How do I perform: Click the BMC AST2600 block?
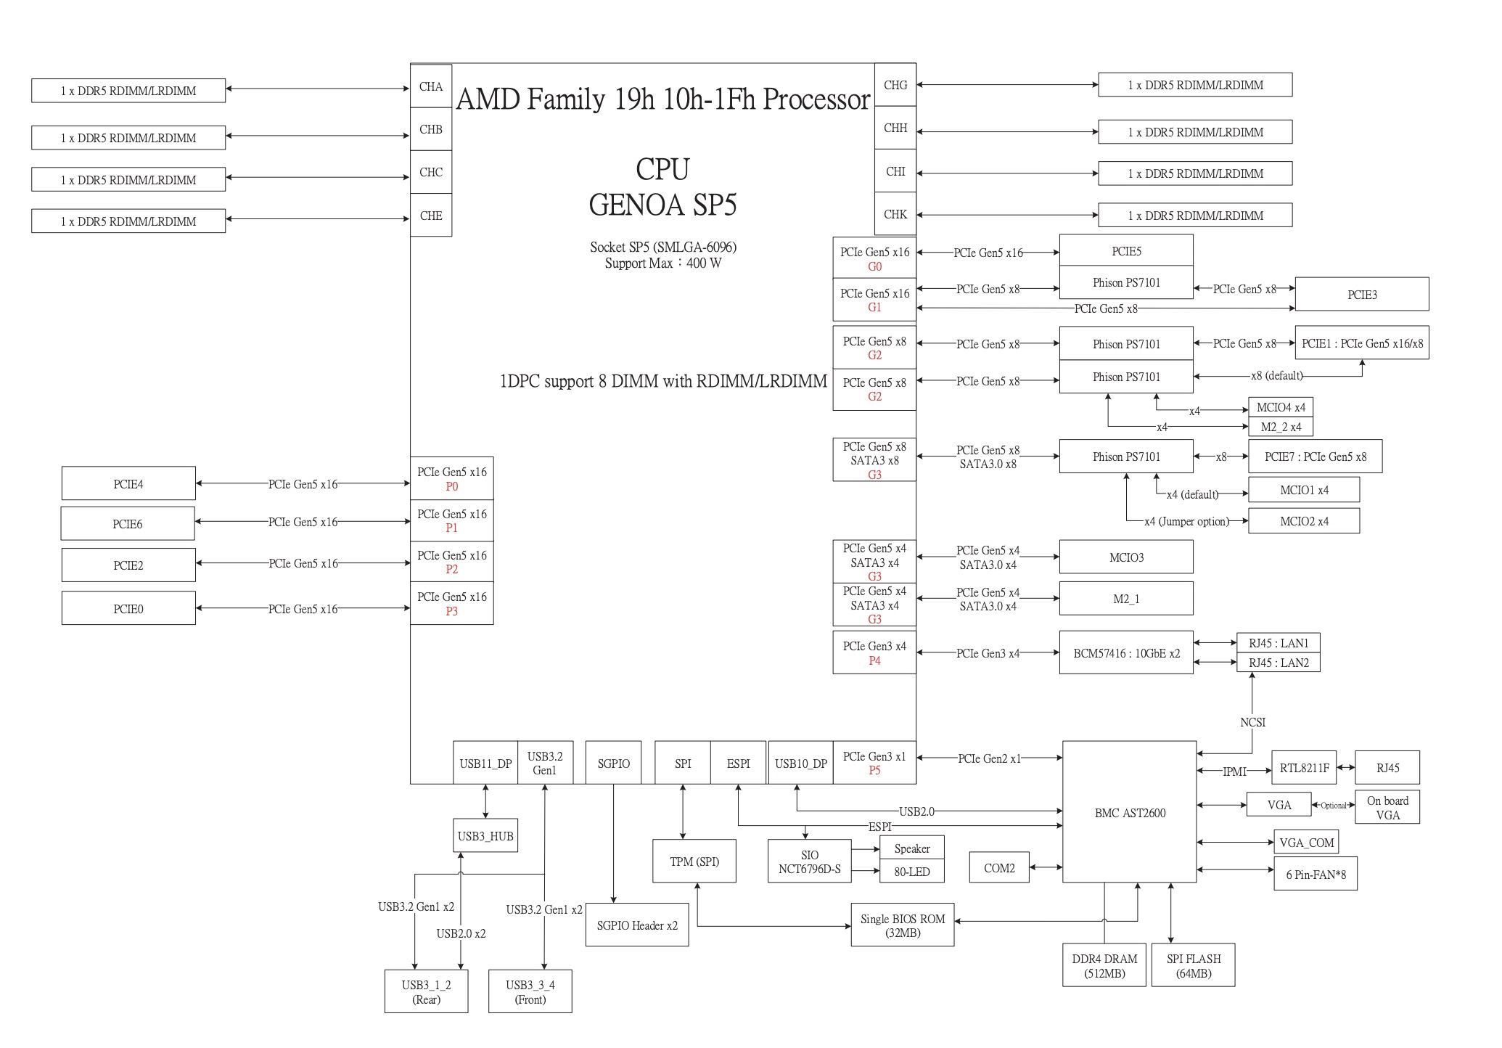point(1129,812)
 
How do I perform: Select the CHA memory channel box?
point(431,86)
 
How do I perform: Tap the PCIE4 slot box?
point(128,483)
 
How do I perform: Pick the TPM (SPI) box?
point(694,861)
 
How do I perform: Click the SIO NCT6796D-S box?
point(809,861)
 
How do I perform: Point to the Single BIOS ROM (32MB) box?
point(903,925)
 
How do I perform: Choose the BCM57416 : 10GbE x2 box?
point(1126,652)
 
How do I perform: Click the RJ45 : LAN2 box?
point(1279,663)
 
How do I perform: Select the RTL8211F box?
point(1304,768)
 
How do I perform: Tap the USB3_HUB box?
point(485,836)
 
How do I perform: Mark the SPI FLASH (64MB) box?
point(1194,965)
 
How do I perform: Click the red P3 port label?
point(451,611)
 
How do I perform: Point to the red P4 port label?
point(874,660)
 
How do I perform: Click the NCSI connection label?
point(1252,722)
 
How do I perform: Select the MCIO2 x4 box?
point(1304,521)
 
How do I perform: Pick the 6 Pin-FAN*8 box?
point(1316,875)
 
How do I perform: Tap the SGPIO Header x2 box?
point(637,925)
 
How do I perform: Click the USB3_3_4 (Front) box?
point(530,991)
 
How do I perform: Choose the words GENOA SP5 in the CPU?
point(662,205)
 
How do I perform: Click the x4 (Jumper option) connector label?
point(1186,521)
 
